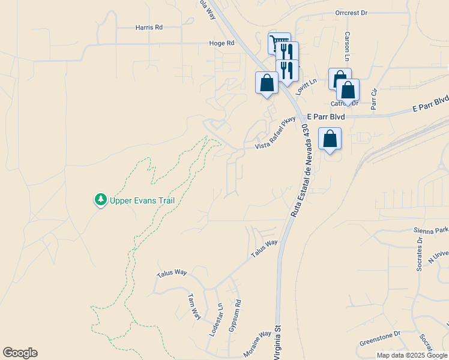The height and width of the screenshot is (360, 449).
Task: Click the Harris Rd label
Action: coord(149,28)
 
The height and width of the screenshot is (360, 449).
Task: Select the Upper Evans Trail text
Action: coord(142,200)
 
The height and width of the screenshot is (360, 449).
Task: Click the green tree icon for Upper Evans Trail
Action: coord(101,199)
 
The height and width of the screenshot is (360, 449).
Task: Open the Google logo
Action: coord(20,353)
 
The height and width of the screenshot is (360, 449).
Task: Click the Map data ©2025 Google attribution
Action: coord(412,355)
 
